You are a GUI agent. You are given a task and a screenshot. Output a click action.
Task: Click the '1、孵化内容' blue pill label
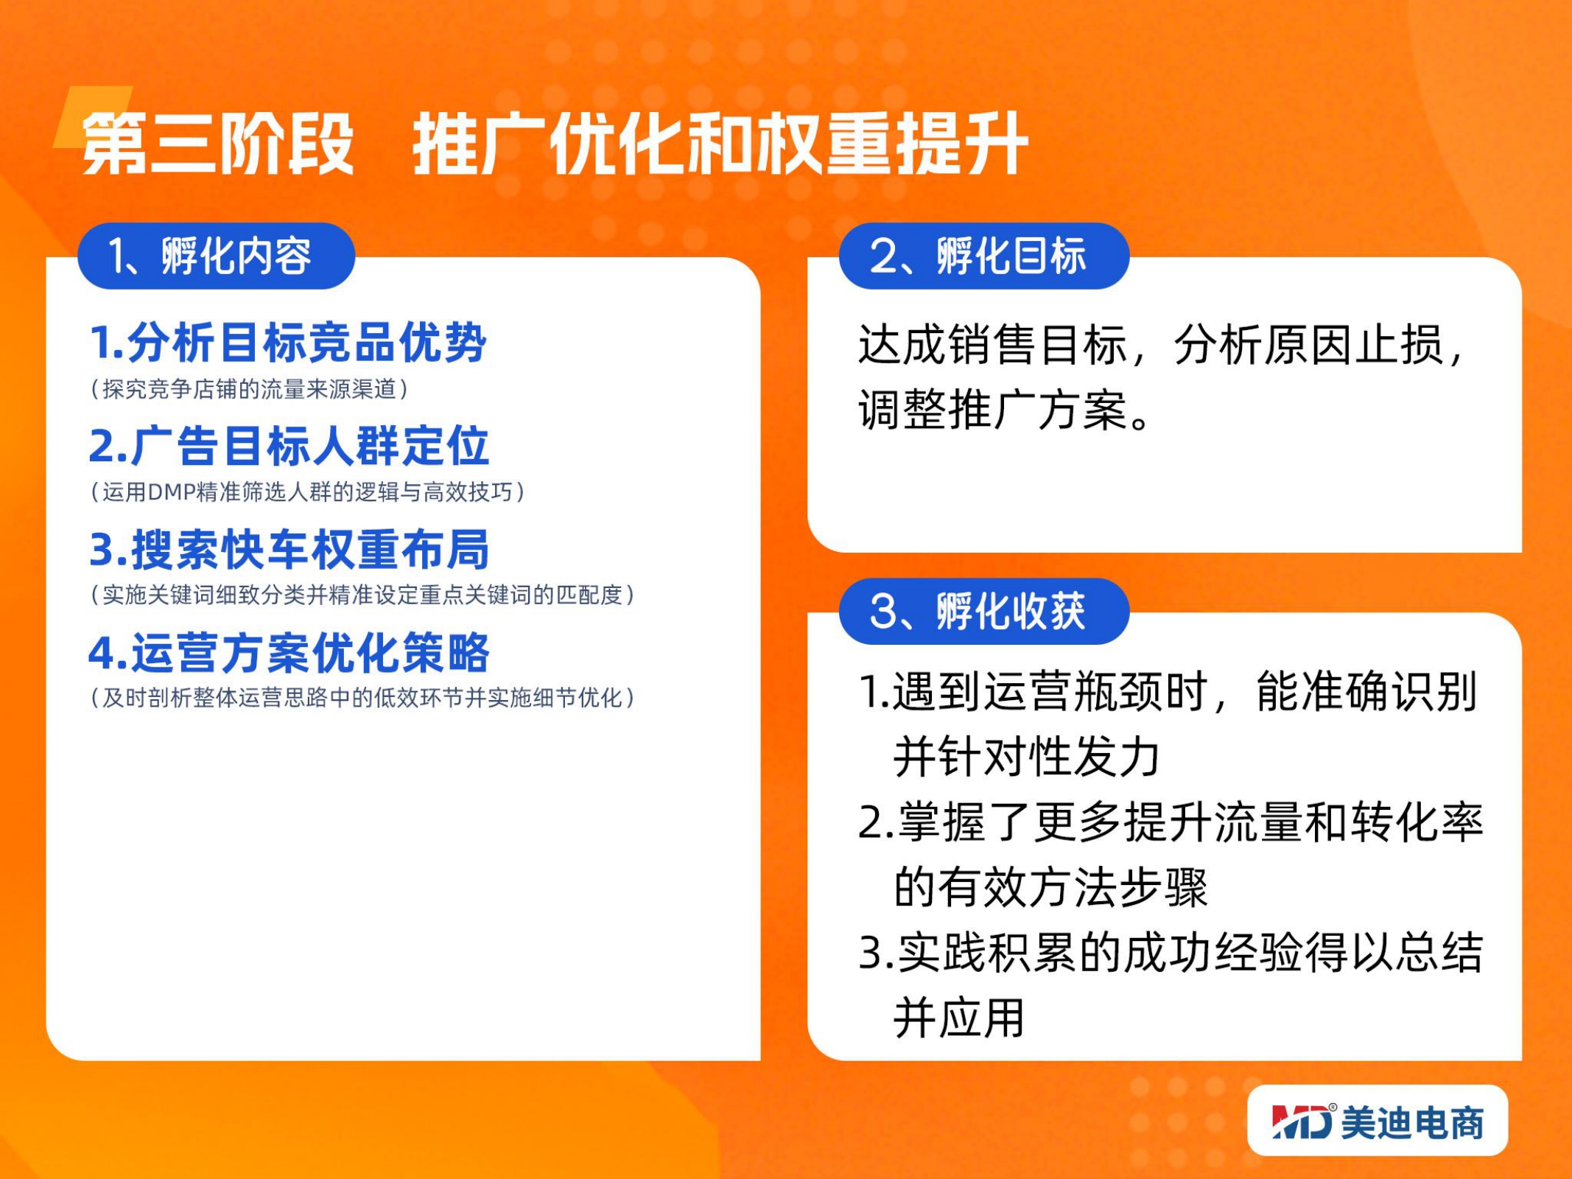216,256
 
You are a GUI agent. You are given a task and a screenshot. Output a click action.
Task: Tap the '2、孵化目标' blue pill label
984,256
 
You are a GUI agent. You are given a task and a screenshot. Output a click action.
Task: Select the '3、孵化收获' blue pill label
984,611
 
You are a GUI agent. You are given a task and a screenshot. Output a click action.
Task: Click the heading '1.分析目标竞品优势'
288,343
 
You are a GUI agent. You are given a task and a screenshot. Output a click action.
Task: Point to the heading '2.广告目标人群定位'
289,446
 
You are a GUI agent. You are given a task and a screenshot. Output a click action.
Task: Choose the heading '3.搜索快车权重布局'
289,549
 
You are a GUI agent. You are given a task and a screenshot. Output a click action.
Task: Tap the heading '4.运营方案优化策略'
289,652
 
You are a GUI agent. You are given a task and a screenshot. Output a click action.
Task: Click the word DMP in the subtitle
172,492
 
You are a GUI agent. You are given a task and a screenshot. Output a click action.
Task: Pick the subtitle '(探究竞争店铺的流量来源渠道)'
249,389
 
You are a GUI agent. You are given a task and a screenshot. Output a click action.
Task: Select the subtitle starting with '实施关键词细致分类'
362,595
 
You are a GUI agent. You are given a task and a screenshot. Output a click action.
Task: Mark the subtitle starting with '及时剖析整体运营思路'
362,698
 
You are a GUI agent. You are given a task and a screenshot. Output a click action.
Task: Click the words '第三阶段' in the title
218,144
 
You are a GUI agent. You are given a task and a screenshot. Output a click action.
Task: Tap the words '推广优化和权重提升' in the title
720,144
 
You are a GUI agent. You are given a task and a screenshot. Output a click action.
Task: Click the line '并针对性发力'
1027,757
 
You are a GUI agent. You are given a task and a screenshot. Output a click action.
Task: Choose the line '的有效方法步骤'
1050,887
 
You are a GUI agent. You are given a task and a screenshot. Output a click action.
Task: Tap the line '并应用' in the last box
959,1018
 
